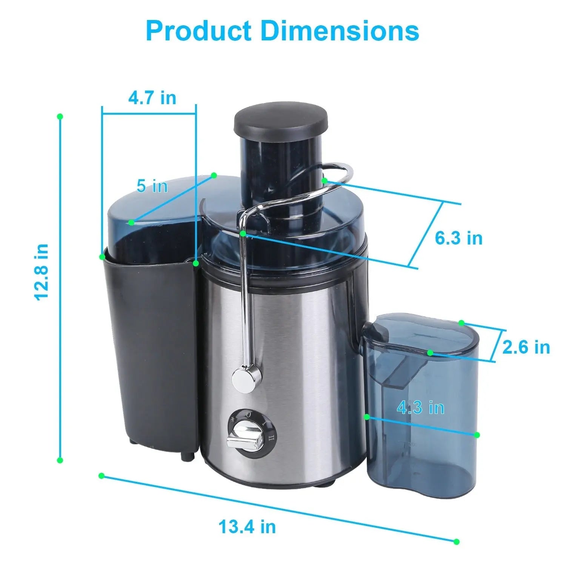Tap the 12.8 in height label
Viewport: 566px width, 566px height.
pos(42,272)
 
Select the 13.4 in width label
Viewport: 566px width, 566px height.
pos(247,526)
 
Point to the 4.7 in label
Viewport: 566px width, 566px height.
pos(152,98)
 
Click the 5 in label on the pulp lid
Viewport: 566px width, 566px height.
pos(152,186)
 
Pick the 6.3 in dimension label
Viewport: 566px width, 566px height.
pos(458,238)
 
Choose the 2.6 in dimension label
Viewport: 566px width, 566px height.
pos(526,347)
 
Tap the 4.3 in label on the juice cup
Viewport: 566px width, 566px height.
pos(420,408)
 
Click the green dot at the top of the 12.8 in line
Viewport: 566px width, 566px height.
pos(60,117)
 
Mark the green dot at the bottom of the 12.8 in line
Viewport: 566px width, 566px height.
pos(60,460)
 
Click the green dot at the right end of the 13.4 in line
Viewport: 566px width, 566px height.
pos(457,542)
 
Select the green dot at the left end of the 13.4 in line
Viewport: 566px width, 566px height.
pos(101,476)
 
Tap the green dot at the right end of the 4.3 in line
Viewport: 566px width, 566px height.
pos(477,435)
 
